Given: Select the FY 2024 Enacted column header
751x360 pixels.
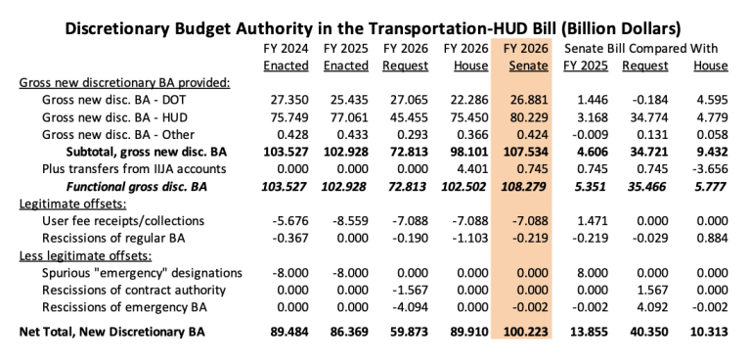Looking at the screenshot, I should [287, 57].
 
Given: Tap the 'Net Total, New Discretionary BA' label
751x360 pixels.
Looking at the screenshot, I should [124, 333].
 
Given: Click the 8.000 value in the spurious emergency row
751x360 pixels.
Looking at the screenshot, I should [588, 272].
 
